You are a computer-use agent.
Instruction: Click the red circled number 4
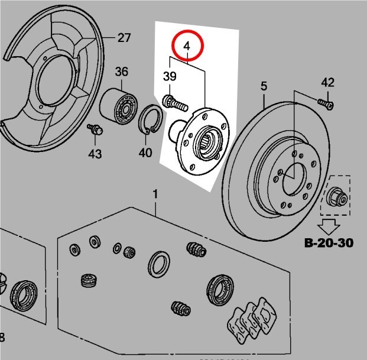(x=187, y=44)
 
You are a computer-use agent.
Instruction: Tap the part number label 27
(x=124, y=38)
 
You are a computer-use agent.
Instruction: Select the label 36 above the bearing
(x=121, y=72)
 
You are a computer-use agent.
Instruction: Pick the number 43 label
(x=95, y=154)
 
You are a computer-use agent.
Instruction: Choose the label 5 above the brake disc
(x=264, y=87)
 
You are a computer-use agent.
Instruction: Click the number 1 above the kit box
(x=155, y=194)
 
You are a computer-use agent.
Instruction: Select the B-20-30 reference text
(x=329, y=242)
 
